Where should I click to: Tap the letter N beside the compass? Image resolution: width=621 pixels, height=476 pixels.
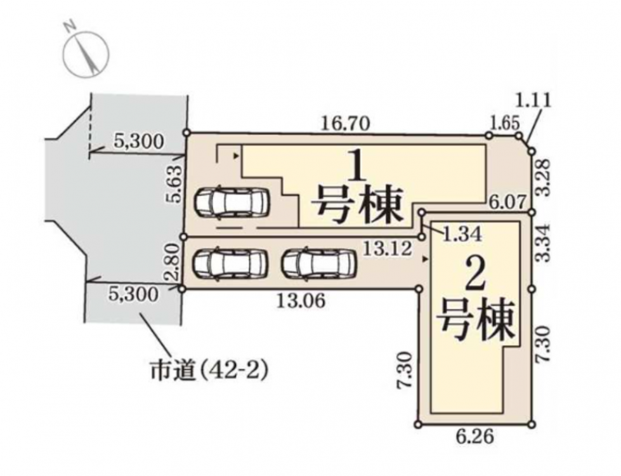coord(70,27)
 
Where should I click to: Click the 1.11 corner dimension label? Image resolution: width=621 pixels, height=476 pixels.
coord(533,100)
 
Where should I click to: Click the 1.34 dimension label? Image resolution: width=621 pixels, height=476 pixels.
coord(462,234)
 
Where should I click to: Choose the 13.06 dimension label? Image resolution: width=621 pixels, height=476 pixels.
coord(301,301)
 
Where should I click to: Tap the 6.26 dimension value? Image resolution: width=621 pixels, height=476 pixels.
coord(475,437)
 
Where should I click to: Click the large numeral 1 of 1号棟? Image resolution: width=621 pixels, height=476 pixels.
coord(357,168)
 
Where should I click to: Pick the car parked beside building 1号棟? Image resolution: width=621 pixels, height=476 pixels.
coord(232,203)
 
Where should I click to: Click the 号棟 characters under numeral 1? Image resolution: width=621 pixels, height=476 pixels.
coord(358,204)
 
